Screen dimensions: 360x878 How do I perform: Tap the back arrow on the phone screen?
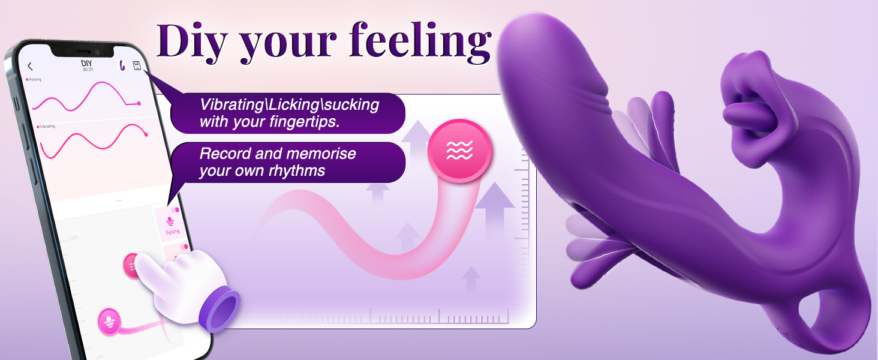[31, 66]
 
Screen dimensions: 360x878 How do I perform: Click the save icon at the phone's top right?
[137, 66]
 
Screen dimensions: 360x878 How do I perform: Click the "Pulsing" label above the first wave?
[35, 79]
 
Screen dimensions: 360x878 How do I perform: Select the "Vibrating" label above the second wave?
[47, 127]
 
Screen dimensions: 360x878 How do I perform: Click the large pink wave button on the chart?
[459, 151]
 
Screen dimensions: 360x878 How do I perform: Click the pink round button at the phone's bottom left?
[109, 318]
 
